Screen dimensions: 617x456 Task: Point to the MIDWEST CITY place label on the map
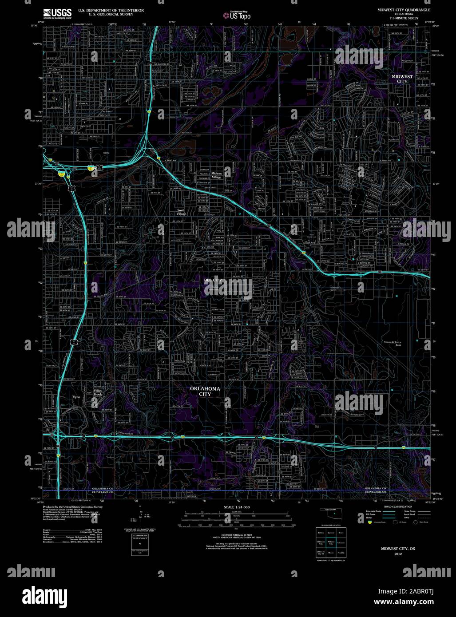pyautogui.click(x=402, y=79)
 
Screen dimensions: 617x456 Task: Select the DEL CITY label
pyautogui.click(x=213, y=280)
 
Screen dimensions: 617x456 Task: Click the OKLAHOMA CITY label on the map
pyautogui.click(x=205, y=391)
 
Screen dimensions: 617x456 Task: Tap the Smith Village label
pyautogui.click(x=181, y=212)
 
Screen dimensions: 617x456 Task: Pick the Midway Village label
pyautogui.click(x=216, y=175)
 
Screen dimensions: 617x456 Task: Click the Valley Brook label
pyautogui.click(x=98, y=392)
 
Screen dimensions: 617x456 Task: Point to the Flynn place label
pyautogui.click(x=76, y=397)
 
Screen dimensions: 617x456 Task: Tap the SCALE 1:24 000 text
pyautogui.click(x=237, y=507)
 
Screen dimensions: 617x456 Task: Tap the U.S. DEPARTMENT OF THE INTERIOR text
pyautogui.click(x=111, y=10)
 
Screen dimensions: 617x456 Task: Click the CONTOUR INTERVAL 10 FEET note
pyautogui.click(x=237, y=535)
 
